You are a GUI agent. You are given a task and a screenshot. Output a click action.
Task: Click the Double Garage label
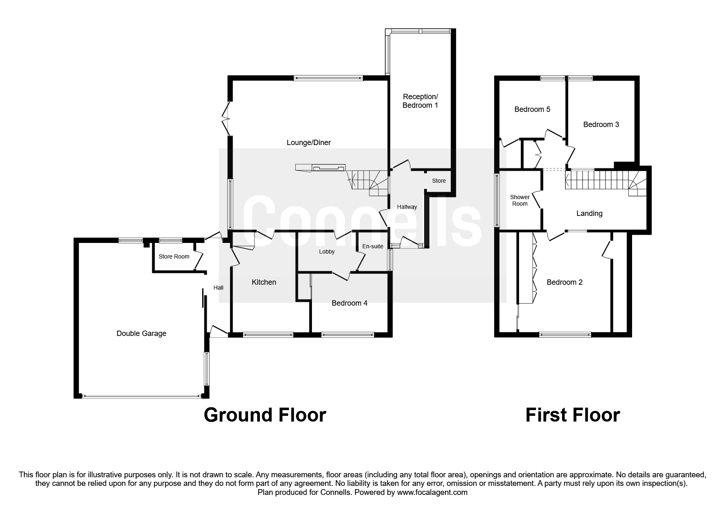[141, 333]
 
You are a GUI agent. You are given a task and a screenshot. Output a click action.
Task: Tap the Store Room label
[174, 256]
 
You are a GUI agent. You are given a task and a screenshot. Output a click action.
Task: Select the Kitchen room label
[264, 282]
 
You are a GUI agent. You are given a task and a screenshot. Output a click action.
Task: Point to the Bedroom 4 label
[349, 303]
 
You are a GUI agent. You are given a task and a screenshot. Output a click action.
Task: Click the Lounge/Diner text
[308, 143]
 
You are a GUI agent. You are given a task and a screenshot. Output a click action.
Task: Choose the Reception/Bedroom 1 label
[420, 101]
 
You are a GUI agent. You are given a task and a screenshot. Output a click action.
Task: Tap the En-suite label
[373, 246]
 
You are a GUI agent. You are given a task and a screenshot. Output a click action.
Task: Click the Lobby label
[327, 252]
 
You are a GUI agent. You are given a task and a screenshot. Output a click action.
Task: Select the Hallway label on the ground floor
[407, 207]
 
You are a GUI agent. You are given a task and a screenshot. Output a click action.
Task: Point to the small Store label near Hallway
[439, 181]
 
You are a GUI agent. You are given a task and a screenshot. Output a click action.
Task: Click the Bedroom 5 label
[532, 109]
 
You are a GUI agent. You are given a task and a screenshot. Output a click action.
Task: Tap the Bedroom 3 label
[601, 125]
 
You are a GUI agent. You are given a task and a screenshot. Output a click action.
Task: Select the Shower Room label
[519, 200]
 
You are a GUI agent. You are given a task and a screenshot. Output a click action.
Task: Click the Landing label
[589, 213]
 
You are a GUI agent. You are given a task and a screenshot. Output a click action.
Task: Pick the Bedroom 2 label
[565, 282]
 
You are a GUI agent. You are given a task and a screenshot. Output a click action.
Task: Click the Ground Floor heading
[264, 415]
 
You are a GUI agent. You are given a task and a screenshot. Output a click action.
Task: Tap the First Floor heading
[572, 415]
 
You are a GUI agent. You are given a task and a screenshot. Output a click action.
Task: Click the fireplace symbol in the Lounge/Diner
[321, 168]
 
